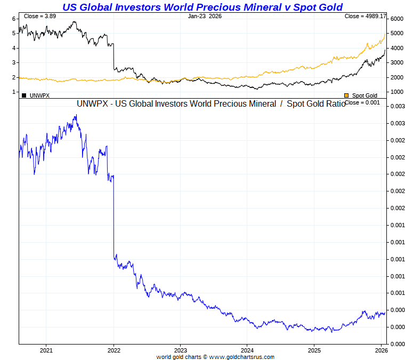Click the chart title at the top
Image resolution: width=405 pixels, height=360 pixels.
pos(203,7)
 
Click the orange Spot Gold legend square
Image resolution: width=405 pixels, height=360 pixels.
pos(347,95)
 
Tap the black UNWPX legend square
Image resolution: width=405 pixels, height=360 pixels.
pos(24,95)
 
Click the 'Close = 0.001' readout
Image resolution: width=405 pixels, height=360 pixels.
pos(362,102)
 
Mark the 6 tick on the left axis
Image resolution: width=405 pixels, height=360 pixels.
pos(14,19)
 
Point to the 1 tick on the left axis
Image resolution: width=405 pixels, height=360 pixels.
pos(14,92)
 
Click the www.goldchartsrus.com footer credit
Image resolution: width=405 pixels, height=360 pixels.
pos(215,357)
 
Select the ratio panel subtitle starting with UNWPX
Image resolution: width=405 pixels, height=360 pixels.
pos(210,103)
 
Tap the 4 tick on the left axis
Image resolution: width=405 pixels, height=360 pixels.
pos(14,48)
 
